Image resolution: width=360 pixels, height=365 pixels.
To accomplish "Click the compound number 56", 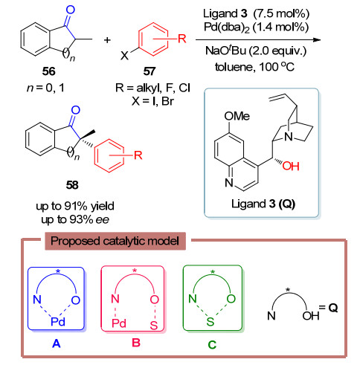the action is [48, 71].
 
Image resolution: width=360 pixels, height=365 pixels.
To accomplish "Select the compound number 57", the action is [150, 71].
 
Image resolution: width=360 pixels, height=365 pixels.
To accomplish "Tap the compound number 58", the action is [72, 185].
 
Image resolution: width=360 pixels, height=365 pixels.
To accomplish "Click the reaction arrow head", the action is [317, 39].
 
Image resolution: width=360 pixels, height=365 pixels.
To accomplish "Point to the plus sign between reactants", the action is [107, 40].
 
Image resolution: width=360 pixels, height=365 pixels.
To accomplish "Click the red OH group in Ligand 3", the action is [291, 167].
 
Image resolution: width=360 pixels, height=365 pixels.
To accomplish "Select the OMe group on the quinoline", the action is [237, 116].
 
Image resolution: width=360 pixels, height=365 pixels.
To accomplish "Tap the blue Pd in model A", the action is [58, 322].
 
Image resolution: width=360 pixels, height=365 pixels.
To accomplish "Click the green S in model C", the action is [210, 322].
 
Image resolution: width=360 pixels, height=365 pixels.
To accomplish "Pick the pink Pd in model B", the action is [119, 323].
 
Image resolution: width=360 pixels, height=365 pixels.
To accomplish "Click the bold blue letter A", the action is [57, 343].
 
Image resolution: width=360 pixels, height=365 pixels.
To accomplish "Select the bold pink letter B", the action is [136, 343].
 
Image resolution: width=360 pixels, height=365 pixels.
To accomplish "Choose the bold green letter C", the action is [212, 345].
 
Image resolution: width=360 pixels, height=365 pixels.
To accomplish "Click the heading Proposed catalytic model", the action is [115, 241].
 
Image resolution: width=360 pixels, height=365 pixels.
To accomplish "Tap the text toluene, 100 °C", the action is [254, 67].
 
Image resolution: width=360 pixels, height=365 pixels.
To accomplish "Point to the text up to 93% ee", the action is [75, 219].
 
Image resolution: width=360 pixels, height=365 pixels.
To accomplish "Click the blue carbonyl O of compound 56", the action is [71, 10].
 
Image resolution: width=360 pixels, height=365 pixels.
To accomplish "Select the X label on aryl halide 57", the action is [124, 56].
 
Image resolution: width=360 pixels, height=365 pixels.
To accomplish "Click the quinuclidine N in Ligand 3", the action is [289, 137].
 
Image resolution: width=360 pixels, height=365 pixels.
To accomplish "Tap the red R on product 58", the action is [138, 155].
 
